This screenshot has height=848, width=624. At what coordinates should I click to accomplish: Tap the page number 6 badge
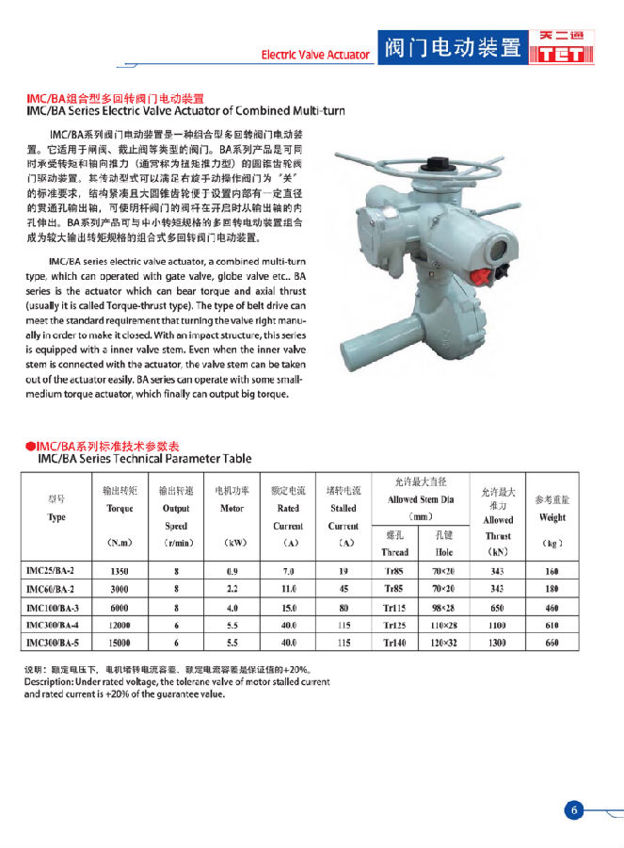pos(575,810)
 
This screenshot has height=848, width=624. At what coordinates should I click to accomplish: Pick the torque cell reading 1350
pos(120,571)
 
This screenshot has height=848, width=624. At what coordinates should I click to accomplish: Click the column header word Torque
pos(120,508)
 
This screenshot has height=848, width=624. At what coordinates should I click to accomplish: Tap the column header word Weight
pos(552,516)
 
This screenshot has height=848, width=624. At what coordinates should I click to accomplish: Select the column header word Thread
pos(395,552)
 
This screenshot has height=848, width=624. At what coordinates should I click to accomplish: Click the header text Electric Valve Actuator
pos(315,55)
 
